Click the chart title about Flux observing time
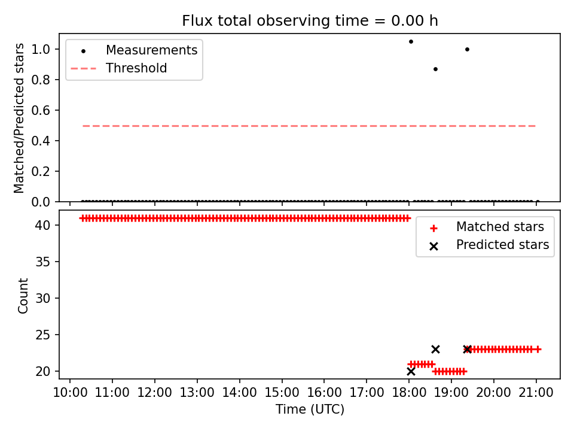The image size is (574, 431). [x=310, y=20]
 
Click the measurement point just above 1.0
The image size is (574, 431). [x=411, y=41]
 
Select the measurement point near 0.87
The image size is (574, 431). [x=435, y=69]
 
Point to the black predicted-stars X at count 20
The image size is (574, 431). [x=411, y=371]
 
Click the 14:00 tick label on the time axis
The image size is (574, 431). [x=239, y=393]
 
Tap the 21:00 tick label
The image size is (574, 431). [x=536, y=393]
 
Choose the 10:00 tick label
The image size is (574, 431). [x=70, y=393]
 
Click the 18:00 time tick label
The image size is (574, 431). [x=409, y=393]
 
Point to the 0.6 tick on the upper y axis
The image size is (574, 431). [x=41, y=110]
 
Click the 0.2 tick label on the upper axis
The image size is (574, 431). [x=41, y=171]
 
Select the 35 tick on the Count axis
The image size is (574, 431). [x=42, y=262]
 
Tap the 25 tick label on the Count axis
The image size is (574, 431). [x=42, y=335]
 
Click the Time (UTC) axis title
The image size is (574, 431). [x=310, y=409]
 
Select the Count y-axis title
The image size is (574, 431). [x=23, y=295]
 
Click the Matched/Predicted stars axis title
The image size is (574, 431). [x=19, y=118]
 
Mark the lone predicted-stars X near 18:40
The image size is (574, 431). [x=435, y=349]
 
